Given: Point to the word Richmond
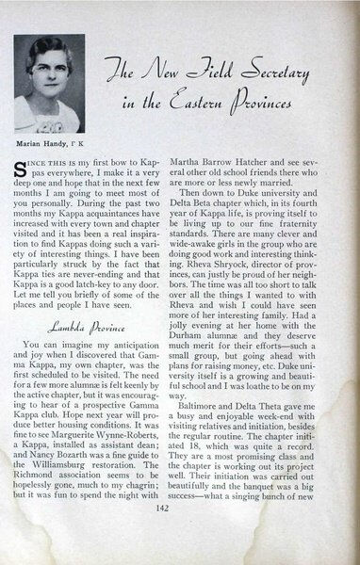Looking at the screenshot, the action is coord(57,492).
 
